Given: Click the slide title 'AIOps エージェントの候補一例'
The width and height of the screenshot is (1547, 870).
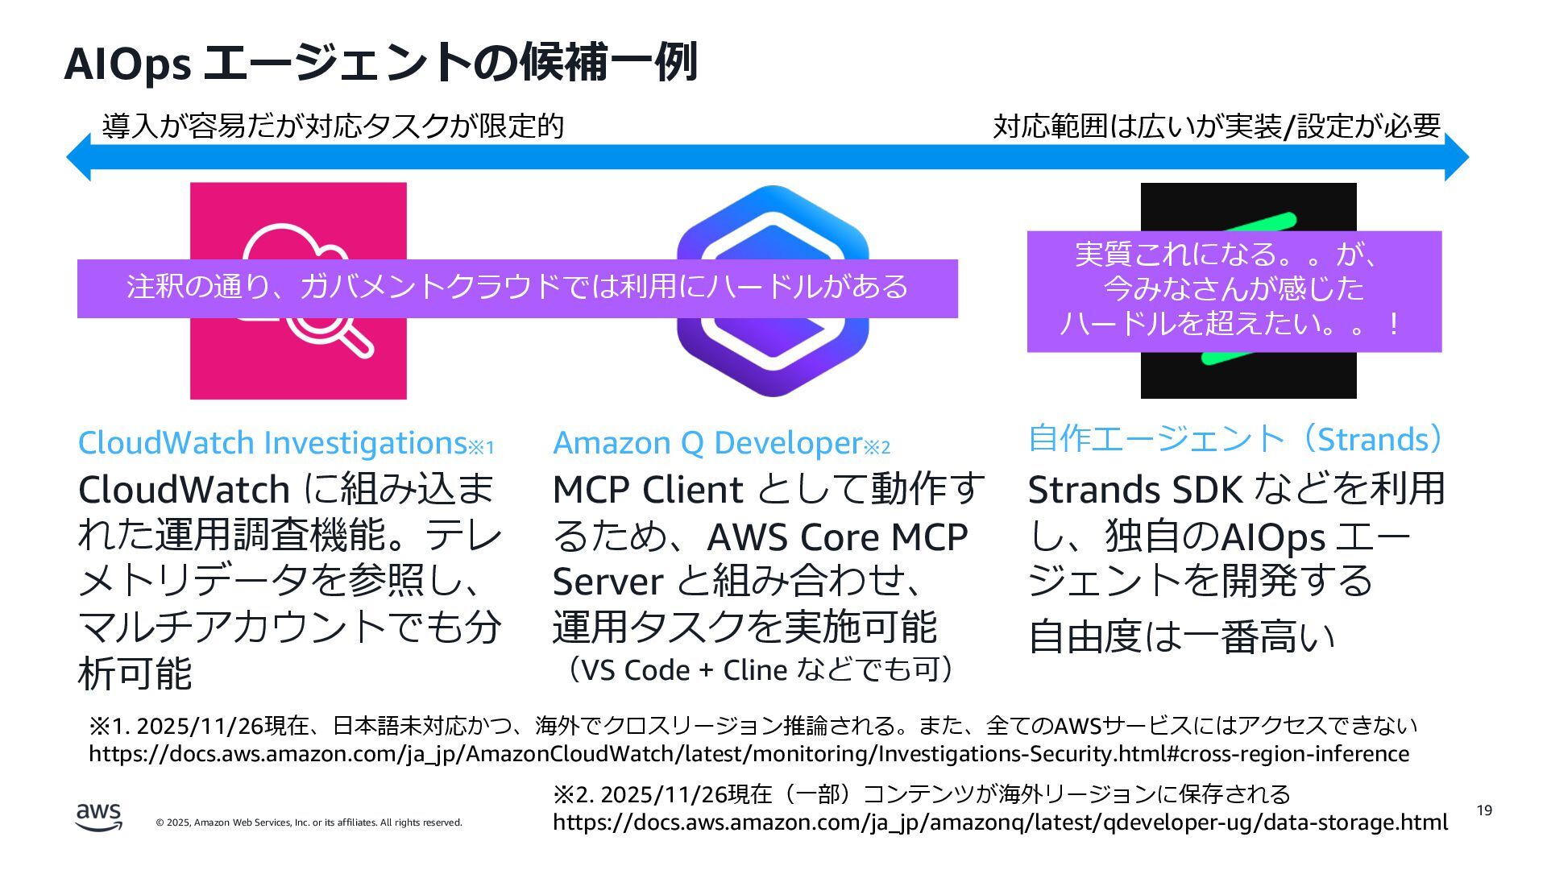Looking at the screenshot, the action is click(380, 63).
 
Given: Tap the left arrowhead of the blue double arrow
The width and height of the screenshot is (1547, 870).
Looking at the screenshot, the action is click(79, 157).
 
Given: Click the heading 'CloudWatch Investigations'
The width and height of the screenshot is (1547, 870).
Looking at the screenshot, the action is click(272, 443).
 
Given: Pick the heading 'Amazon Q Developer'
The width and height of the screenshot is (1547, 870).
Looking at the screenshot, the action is click(707, 443).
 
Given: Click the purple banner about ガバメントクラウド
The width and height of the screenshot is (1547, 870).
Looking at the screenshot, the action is click(517, 288).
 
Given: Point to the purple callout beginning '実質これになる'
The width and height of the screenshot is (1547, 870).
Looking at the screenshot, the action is click(1234, 291).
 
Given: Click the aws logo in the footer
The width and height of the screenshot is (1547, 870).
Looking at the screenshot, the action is click(99, 816).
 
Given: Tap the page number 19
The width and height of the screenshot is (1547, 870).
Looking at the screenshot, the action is click(1484, 810).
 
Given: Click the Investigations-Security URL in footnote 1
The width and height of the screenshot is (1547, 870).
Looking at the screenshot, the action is click(749, 754).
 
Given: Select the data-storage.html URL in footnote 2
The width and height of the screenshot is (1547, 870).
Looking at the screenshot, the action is click(1000, 822).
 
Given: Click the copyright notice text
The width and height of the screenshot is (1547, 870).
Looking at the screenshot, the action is click(309, 822).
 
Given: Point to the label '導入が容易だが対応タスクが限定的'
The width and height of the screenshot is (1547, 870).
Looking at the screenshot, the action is click(333, 126).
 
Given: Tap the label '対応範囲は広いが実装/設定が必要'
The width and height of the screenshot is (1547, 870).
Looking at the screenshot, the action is click(1216, 126).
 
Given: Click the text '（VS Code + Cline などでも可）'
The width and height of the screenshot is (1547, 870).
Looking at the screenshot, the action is click(761, 669).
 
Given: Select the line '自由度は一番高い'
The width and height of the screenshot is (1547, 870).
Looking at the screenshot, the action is click(1181, 636).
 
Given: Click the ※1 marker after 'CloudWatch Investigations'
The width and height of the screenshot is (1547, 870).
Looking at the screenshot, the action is click(482, 447).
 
